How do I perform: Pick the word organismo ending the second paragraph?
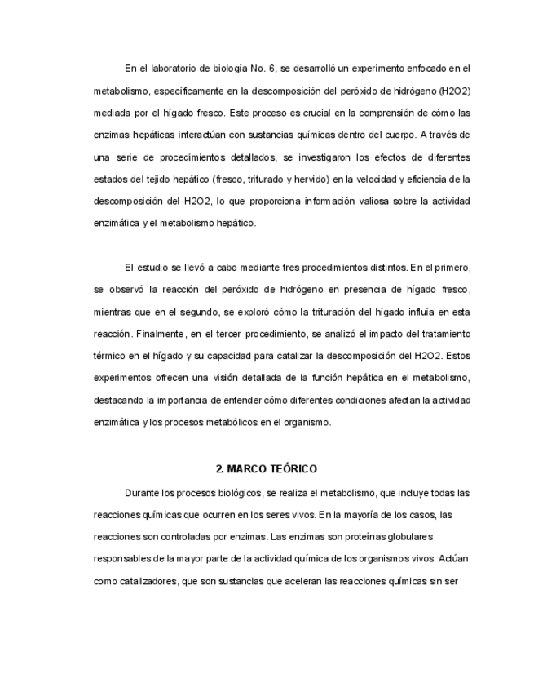(x=302, y=422)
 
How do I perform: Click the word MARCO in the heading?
(x=248, y=469)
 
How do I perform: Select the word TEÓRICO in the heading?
(x=293, y=469)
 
